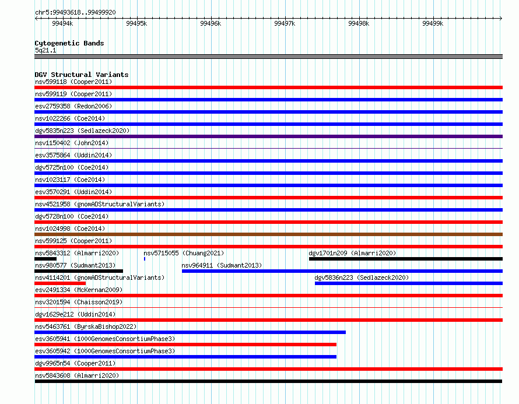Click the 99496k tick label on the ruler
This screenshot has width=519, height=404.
pyautogui.click(x=211, y=23)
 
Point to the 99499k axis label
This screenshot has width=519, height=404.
pyautogui.click(x=433, y=23)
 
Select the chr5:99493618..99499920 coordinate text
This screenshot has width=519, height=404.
pyautogui.click(x=75, y=12)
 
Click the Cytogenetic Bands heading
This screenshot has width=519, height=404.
pyautogui.click(x=69, y=43)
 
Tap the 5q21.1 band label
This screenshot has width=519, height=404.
pyautogui.click(x=45, y=50)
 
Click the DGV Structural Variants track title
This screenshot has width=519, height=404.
pyautogui.click(x=82, y=75)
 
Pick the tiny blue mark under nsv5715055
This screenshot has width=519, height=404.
pyautogui.click(x=145, y=259)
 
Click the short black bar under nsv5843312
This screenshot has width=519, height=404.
pyautogui.click(x=45, y=259)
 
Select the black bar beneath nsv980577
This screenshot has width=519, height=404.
pyautogui.click(x=79, y=271)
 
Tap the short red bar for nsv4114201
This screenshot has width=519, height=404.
pyautogui.click(x=60, y=283)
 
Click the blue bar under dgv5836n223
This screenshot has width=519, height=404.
pyautogui.click(x=409, y=283)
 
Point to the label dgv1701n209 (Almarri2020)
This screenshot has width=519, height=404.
pyautogui.click(x=352, y=253)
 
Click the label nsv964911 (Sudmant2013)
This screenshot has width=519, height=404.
pyautogui.click(x=222, y=265)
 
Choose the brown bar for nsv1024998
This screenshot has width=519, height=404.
pyautogui.click(x=268, y=234)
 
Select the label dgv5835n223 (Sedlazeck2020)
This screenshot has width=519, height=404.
pyautogui.click(x=82, y=131)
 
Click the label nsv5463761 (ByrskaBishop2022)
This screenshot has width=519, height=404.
pyautogui.click(x=86, y=326)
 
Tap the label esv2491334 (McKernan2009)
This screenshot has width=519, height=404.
pyautogui.click(x=79, y=290)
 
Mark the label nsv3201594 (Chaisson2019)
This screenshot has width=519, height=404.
pyautogui.click(x=79, y=302)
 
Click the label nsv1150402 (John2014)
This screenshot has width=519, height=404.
pyautogui.click(x=72, y=143)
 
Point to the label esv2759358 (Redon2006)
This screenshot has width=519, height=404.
pyautogui.click(x=73, y=106)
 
